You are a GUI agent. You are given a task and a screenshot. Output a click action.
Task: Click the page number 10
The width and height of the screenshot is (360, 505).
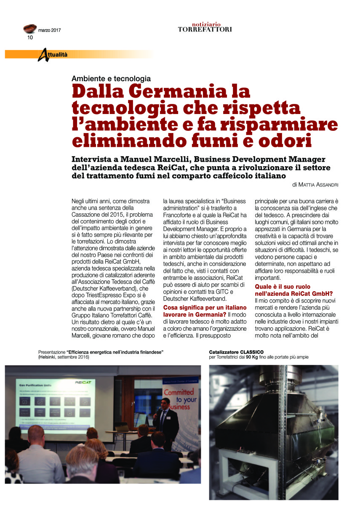click(30, 37)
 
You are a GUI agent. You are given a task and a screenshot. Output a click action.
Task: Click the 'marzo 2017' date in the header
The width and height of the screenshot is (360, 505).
click(49, 30)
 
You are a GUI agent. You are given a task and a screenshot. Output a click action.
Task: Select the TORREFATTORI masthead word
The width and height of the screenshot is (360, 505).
click(205, 29)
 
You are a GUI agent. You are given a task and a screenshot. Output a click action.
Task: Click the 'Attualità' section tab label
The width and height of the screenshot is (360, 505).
click(55, 54)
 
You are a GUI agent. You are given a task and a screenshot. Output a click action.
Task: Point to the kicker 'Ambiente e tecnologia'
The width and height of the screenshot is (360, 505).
click(111, 79)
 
